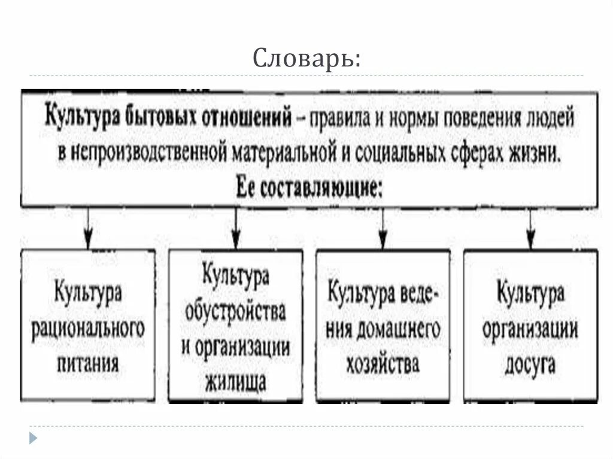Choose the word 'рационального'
(89, 329)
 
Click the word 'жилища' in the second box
(235, 382)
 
